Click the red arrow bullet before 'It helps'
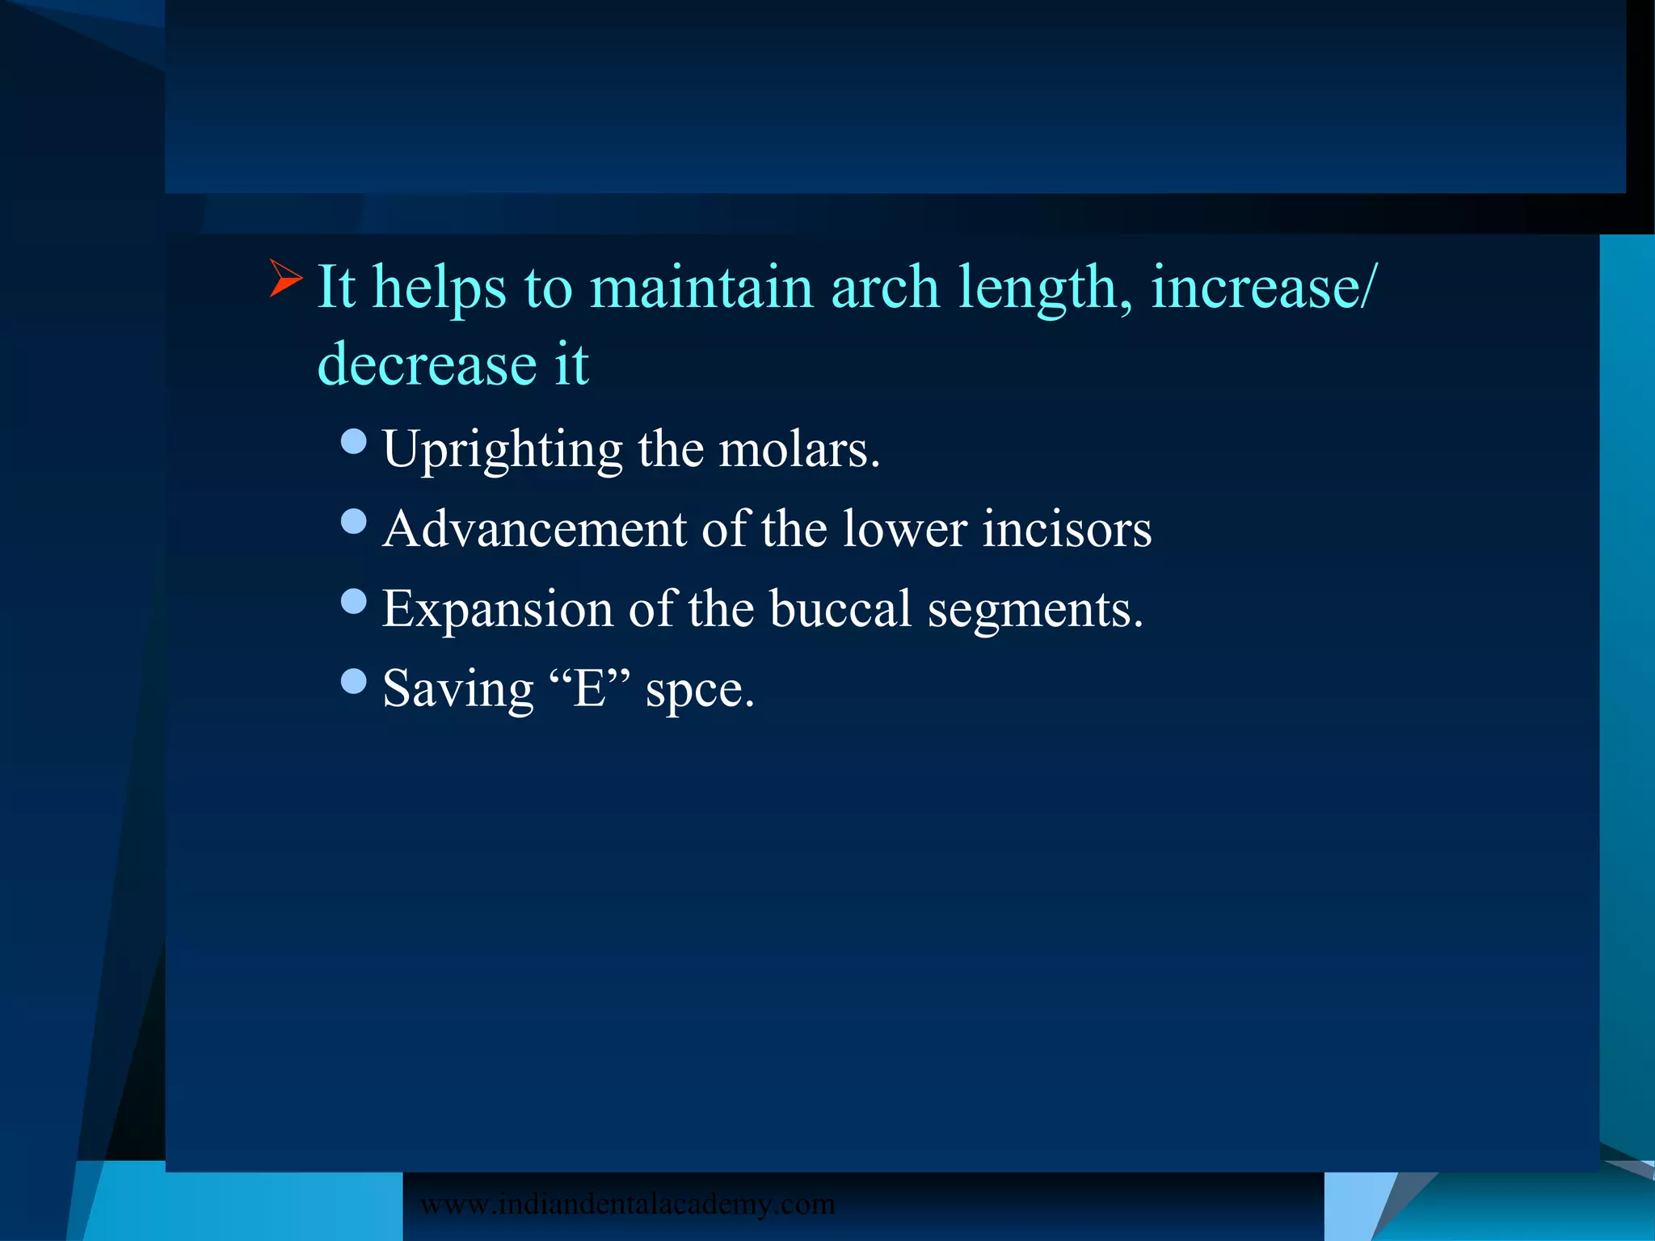tap(285, 279)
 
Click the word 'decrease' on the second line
tap(427, 364)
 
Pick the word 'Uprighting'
tap(502, 450)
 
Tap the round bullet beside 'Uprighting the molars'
tap(354, 441)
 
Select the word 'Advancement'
tap(534, 529)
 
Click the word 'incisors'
tap(1067, 529)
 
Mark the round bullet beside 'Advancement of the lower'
tap(354, 521)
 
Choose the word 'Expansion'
tap(497, 609)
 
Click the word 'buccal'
tap(840, 608)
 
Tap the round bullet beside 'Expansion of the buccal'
tap(354, 601)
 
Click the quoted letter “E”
tap(589, 688)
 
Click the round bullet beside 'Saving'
tap(354, 681)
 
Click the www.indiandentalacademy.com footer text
tap(627, 1204)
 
